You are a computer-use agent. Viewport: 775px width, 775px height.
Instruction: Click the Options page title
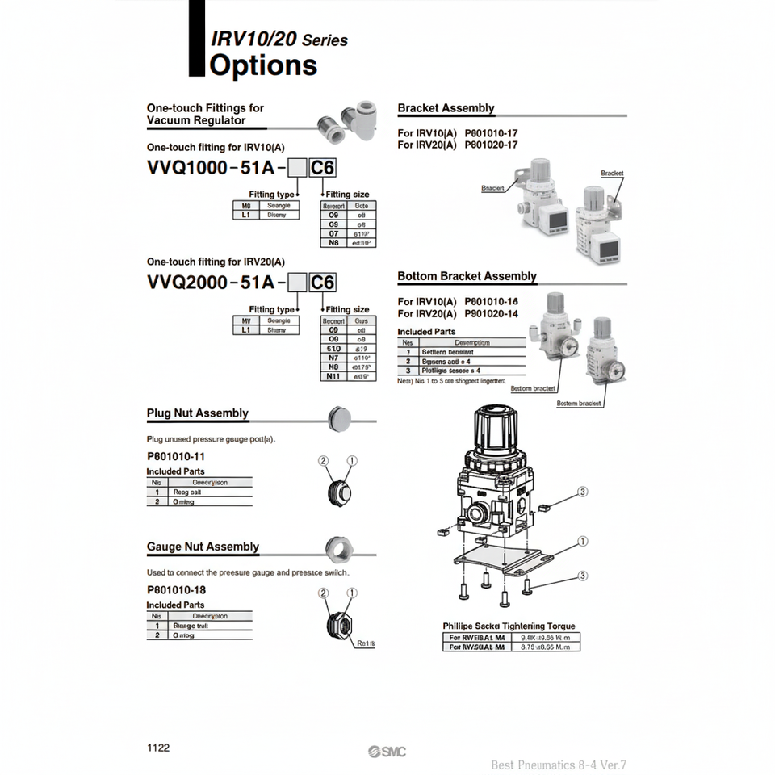coord(263,65)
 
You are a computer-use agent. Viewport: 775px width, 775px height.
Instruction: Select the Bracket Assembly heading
coord(446,108)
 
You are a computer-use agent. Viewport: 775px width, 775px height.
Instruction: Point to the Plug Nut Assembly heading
coord(197,413)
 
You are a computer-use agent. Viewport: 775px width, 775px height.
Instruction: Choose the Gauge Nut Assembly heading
coord(203,547)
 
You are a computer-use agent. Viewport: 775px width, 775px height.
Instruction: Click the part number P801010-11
coord(176,456)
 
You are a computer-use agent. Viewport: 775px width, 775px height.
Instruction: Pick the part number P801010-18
coord(176,589)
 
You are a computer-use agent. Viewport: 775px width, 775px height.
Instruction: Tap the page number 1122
coord(158,748)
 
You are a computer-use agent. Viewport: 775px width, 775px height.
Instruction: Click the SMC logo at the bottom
coord(387,752)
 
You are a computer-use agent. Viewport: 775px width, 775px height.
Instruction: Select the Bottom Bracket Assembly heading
coord(467,276)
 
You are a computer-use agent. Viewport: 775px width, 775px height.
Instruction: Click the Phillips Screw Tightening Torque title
coord(509,626)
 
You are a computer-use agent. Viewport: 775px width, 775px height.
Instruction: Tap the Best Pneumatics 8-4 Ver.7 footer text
coord(559,765)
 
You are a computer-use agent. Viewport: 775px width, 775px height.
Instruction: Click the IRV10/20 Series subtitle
coord(279,39)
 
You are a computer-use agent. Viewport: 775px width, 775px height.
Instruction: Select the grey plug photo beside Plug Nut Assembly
coord(340,418)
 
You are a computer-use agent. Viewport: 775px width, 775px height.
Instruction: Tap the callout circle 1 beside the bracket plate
coord(583,542)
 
